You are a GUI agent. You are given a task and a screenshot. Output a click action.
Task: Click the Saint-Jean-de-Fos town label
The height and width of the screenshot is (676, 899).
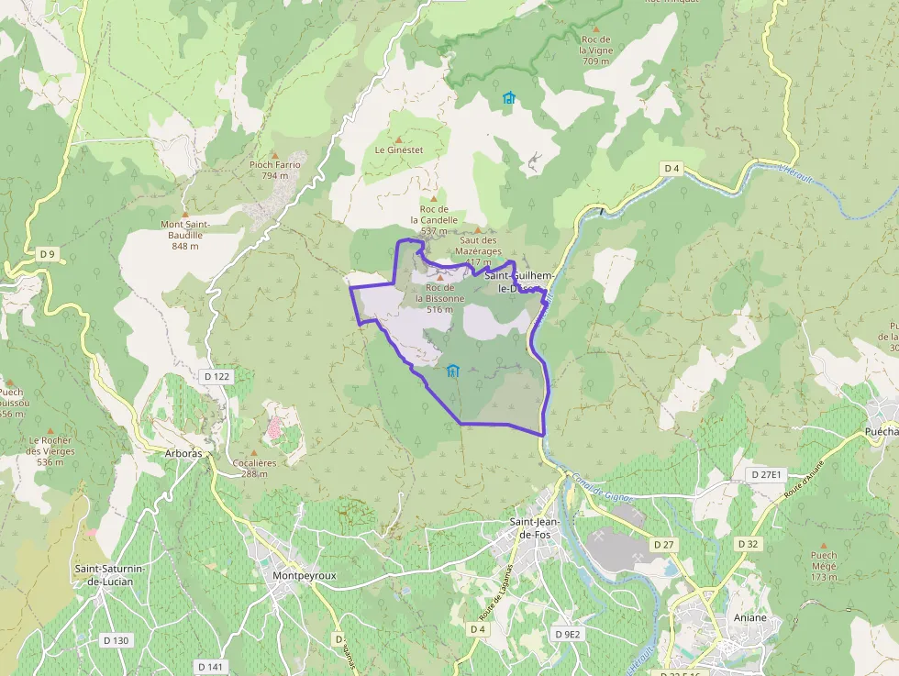coord(536,528)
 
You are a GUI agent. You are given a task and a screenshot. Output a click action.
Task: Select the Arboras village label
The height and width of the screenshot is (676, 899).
coord(184,454)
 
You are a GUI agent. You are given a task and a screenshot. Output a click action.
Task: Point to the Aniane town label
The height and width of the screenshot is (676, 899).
coord(749,617)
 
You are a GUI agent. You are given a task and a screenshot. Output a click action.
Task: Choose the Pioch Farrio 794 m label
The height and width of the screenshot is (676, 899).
coord(274,170)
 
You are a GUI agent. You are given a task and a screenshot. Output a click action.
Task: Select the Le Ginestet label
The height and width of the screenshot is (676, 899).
coord(399,149)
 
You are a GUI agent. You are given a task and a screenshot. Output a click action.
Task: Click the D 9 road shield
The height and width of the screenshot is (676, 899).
coord(48,253)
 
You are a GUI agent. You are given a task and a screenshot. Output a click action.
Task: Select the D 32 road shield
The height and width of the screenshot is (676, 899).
coord(748,544)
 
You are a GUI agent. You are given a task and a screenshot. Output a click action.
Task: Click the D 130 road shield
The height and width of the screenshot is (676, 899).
coord(116,640)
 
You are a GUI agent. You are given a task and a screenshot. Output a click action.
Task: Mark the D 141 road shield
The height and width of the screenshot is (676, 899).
coord(210,666)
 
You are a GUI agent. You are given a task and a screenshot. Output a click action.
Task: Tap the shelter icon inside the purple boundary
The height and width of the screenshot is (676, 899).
coord(452,371)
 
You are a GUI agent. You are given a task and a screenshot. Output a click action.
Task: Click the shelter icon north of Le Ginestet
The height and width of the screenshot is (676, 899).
coord(508,96)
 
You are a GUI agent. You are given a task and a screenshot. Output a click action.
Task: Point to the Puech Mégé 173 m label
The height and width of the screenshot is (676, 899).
coord(824,566)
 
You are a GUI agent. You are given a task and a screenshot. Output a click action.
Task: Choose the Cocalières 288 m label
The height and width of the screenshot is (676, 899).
coord(255,468)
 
